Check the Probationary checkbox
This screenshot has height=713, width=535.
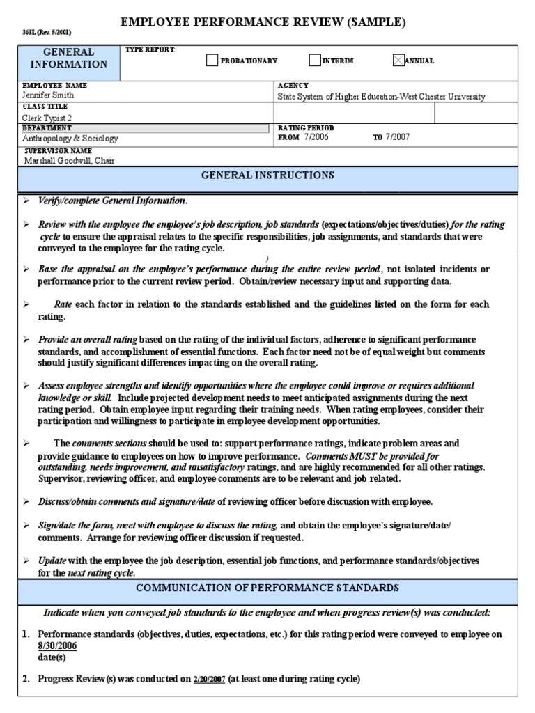tap(212, 61)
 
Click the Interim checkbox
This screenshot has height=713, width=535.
tap(315, 61)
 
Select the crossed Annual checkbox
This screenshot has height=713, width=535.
tap(398, 61)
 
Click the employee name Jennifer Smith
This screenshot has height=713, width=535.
tap(48, 95)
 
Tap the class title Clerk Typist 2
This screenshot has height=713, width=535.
tap(45, 118)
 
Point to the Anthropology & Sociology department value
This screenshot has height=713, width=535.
tap(70, 139)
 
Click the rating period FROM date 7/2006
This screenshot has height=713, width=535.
tap(316, 137)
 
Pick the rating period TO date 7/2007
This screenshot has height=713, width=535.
tap(398, 137)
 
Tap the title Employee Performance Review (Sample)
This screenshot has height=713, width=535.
tap(263, 22)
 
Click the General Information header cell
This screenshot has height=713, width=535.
tap(69, 58)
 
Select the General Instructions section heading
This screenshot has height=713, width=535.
tap(267, 175)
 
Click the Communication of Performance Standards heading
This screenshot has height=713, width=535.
tap(267, 588)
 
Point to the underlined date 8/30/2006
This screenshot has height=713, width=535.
tap(57, 645)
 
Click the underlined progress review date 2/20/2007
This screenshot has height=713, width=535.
tap(210, 679)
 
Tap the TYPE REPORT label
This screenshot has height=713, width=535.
tap(150, 49)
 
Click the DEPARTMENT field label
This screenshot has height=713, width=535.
tap(47, 128)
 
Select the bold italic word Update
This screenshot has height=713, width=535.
tap(52, 561)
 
